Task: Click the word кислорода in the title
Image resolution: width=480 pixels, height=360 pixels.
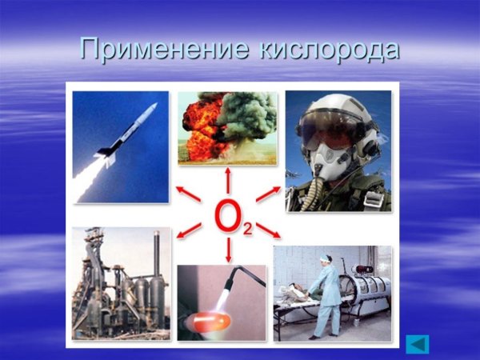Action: point(330,50)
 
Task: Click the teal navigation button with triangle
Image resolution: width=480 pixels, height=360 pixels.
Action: point(418,343)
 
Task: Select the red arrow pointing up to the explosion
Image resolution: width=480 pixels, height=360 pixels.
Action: point(229,179)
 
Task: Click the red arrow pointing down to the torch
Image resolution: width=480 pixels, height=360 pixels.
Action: point(229,251)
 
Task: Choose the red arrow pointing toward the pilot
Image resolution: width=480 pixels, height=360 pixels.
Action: point(269,193)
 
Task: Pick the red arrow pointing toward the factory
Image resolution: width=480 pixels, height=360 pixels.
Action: point(189,233)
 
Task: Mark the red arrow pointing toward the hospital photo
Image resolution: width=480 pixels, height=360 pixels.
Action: point(270,232)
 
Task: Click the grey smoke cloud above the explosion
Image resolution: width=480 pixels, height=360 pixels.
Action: point(248,112)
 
